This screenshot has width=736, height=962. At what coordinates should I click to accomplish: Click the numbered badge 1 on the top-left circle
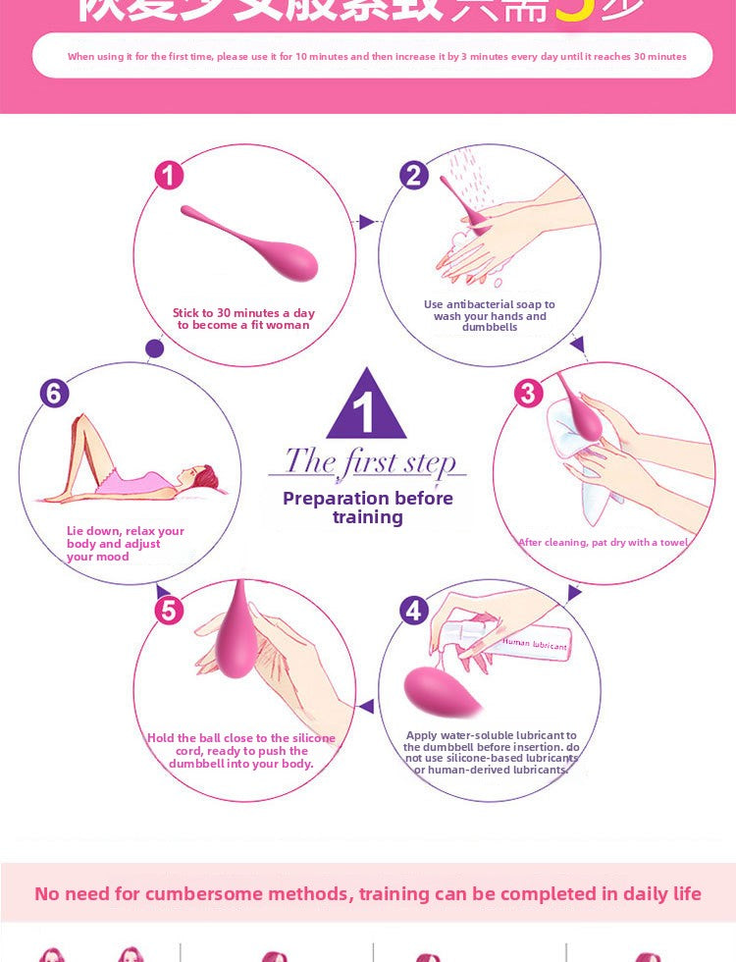(x=169, y=176)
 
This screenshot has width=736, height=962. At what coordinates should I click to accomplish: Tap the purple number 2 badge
(x=414, y=176)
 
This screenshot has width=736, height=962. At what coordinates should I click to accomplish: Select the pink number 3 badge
(x=528, y=393)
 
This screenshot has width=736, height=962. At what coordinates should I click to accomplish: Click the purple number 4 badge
(x=414, y=610)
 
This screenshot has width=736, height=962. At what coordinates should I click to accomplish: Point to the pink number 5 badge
(x=169, y=610)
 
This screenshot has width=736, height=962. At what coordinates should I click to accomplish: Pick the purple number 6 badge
(x=54, y=393)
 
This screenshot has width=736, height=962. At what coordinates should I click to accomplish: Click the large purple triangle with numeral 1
(x=366, y=407)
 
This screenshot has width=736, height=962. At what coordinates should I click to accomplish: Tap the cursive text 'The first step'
(x=369, y=461)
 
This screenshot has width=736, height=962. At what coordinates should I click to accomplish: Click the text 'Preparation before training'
(x=368, y=507)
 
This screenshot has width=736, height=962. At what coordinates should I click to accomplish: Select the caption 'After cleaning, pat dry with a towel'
(x=603, y=543)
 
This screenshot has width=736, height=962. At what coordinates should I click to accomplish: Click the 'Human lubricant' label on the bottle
(x=535, y=644)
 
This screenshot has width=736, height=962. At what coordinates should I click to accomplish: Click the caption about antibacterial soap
(x=489, y=315)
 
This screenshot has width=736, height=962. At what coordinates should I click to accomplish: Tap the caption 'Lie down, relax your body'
(x=125, y=544)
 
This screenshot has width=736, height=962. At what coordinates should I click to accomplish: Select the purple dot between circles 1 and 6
(x=154, y=347)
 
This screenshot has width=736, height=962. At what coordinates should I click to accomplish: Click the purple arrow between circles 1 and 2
(x=366, y=222)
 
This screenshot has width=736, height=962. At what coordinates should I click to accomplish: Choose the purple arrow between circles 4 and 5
(x=366, y=706)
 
